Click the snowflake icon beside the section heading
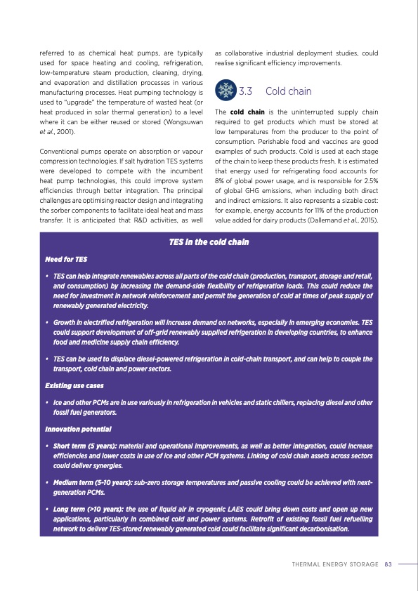tap(226, 91)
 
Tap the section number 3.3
tap(247, 91)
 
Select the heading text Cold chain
tap(289, 91)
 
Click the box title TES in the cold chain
tap(209, 243)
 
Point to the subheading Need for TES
tap(66, 259)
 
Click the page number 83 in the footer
tap(388, 563)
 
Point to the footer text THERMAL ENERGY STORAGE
tap(336, 563)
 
